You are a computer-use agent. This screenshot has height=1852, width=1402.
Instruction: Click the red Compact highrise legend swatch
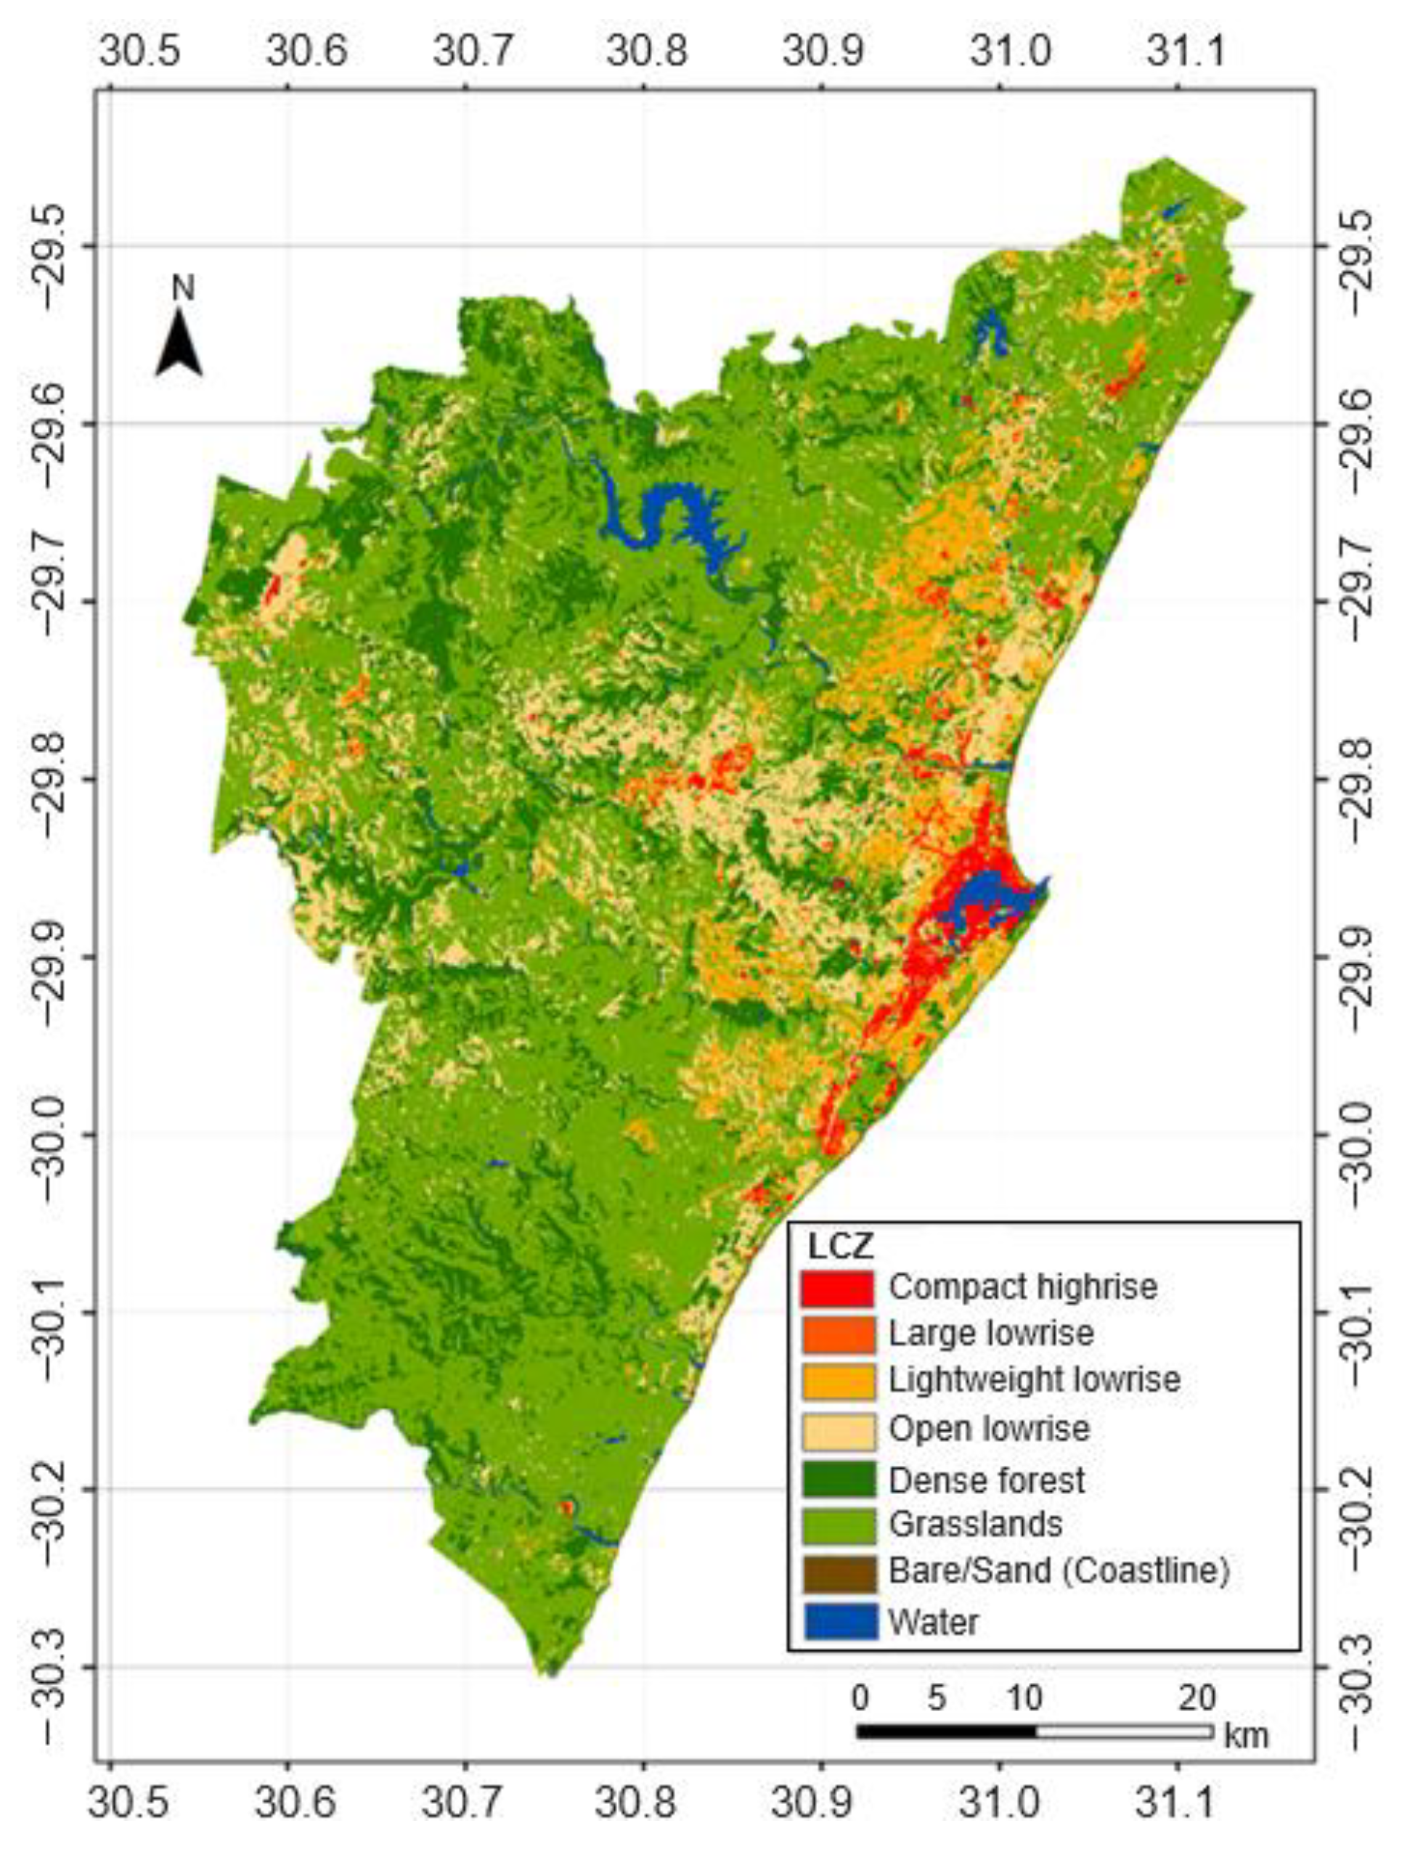[836, 1289]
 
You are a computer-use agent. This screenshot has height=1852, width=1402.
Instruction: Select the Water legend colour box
[840, 1623]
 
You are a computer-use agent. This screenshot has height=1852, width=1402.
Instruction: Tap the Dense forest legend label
[986, 1481]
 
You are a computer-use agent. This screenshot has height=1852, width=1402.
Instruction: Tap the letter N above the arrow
[182, 288]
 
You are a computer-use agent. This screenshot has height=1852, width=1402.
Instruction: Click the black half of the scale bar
[945, 1731]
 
